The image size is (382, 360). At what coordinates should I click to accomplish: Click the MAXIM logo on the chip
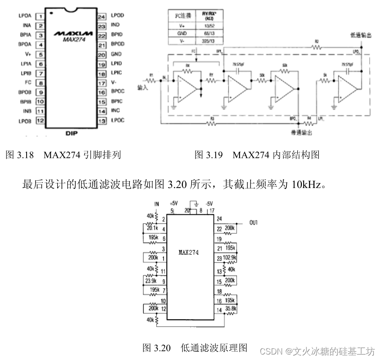pos(73,33)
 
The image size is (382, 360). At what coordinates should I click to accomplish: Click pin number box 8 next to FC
pos(40,83)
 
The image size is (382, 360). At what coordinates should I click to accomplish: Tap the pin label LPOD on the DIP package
pos(117,16)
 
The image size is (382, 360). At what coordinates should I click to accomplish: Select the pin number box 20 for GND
pos(102,54)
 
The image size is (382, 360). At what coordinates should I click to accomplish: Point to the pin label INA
pos(27,26)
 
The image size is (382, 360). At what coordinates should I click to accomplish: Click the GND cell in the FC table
pos(182,33)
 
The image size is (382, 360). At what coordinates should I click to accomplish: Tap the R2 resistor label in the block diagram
pos(316,42)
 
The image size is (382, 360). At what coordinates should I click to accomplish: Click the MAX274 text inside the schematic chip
pos(189,252)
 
